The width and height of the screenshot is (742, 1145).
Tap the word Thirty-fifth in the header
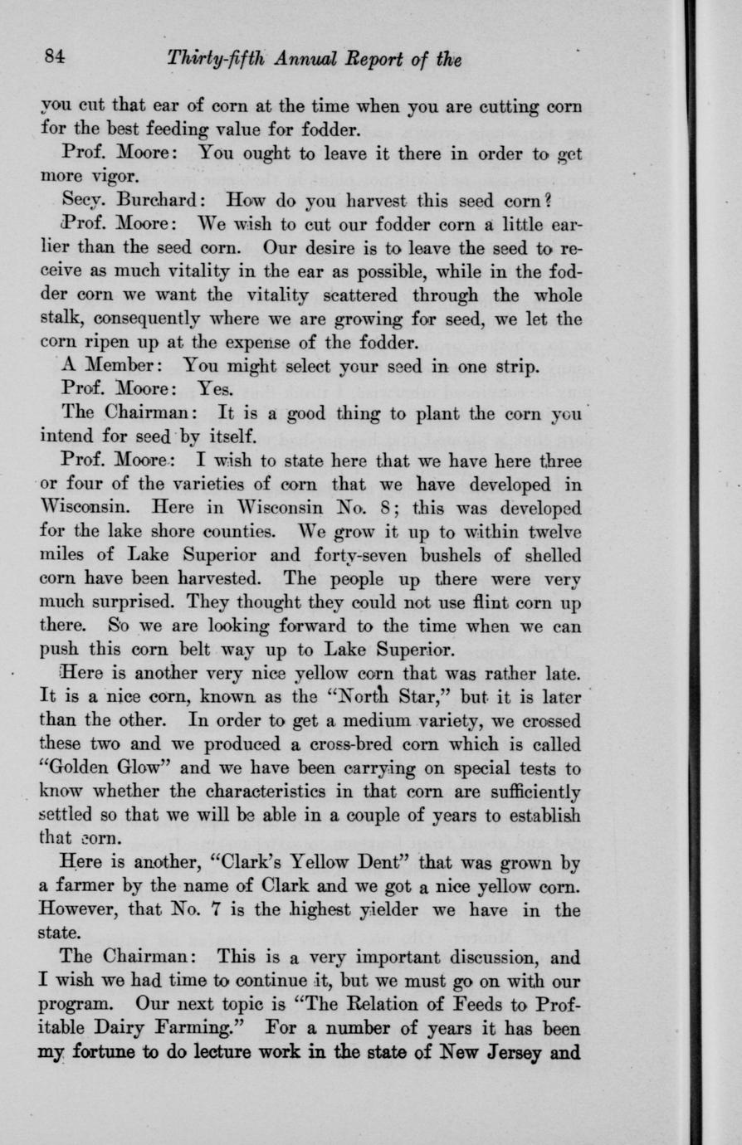click(x=212, y=59)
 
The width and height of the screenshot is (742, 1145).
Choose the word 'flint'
click(x=492, y=600)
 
